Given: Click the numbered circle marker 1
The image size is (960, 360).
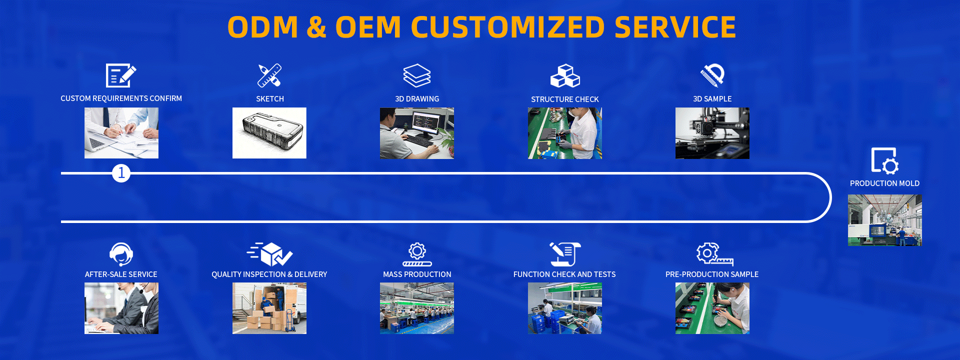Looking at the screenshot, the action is (121, 173).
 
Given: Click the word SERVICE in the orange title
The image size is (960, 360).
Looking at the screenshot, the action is (675, 27).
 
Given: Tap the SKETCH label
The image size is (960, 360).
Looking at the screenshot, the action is (270, 99).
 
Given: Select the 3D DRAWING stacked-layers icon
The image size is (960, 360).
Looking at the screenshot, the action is (417, 75).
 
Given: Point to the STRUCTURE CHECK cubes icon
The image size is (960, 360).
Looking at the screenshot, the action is (565, 75).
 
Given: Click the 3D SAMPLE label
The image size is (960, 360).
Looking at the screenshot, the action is (712, 99).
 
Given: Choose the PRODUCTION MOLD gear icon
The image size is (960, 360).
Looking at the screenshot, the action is (884, 160).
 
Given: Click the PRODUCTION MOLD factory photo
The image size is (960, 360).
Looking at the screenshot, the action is (884, 220).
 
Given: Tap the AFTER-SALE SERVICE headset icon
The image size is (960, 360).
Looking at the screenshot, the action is (121, 254).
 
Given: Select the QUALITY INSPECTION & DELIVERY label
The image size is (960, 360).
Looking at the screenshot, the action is (269, 274).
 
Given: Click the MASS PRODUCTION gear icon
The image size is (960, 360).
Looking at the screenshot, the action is (417, 254).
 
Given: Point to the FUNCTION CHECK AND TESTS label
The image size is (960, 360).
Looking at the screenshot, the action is (564, 274).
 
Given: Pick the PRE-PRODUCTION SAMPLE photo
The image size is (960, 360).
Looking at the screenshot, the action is (712, 308).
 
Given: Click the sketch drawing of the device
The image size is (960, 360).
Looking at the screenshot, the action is (269, 133).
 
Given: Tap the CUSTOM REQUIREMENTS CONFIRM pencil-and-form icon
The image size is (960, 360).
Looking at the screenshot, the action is (121, 75).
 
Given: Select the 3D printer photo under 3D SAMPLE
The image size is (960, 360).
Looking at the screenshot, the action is (712, 133).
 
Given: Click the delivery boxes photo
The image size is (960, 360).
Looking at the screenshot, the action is (269, 308).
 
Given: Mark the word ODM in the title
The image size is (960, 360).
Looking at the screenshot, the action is (263, 27).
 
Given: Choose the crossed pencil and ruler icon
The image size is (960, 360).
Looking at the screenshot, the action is (269, 75).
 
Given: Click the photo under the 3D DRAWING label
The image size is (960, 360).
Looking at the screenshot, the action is (417, 133).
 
